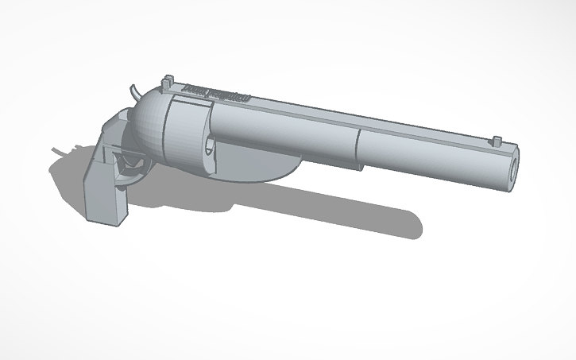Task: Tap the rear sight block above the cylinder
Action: (x=168, y=82)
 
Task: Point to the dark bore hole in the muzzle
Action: (x=512, y=169)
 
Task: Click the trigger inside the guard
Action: (x=127, y=163)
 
